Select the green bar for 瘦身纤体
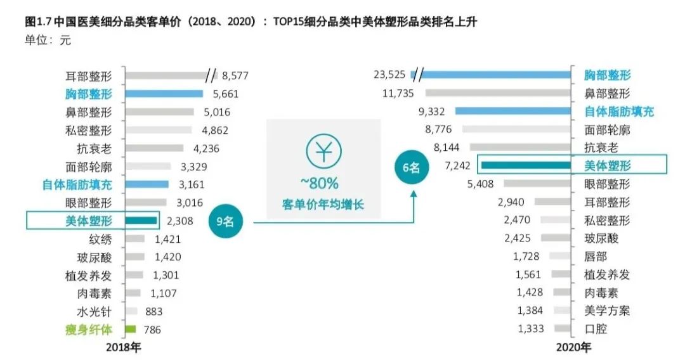[131, 329]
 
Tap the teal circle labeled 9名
[226, 222]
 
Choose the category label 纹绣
[100, 239]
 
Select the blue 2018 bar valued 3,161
[147, 184]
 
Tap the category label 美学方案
[607, 311]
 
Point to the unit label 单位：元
[48, 41]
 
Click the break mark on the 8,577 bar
[211, 76]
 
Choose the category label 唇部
[596, 257]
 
